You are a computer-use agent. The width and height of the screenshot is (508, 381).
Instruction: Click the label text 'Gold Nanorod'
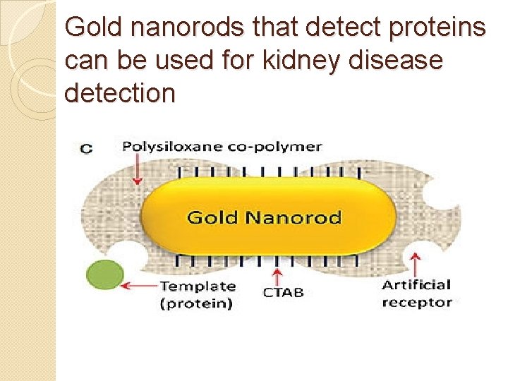pyautogui.click(x=264, y=217)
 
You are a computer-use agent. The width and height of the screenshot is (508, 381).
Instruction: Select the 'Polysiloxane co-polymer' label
pyautogui.click(x=222, y=147)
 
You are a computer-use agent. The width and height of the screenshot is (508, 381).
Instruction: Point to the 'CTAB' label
pyautogui.click(x=283, y=291)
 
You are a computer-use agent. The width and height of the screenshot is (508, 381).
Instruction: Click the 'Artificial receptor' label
pyautogui.click(x=416, y=294)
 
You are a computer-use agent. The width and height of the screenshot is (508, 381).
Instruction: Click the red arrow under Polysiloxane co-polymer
pyautogui.click(x=137, y=170)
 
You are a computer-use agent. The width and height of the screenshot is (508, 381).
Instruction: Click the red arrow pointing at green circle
pyautogui.click(x=141, y=286)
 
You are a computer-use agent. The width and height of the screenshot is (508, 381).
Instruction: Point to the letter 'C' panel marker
pyautogui.click(x=86, y=148)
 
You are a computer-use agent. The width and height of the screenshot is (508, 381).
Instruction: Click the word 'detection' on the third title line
pyautogui.click(x=119, y=92)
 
